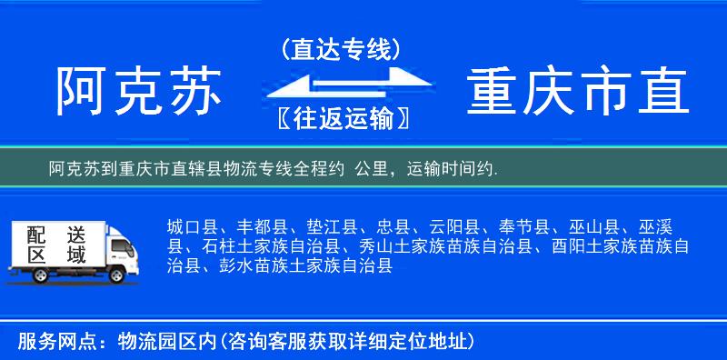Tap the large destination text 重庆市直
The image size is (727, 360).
pos(579,92)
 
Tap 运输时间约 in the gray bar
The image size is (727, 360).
pos(449,169)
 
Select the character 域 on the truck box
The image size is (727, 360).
pos(75,255)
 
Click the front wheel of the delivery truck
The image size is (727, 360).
pos(118,275)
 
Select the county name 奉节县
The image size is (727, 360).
pos(522,227)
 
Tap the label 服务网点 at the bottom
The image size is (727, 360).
pos(51,342)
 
